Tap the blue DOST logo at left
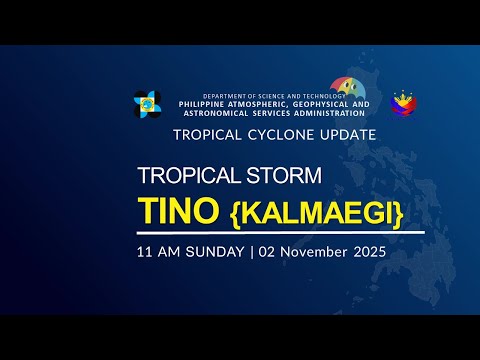(x=148, y=104)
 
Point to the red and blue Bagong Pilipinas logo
(x=404, y=104)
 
